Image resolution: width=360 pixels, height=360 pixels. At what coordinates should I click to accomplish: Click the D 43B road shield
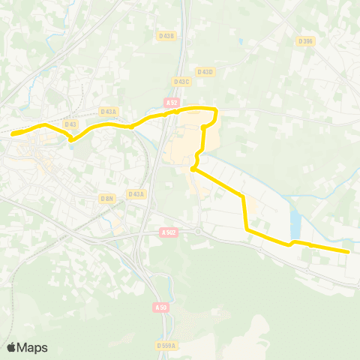click(x=166, y=35)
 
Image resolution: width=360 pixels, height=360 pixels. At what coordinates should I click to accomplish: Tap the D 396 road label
click(x=305, y=41)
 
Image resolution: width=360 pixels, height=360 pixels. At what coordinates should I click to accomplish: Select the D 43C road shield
click(x=181, y=81)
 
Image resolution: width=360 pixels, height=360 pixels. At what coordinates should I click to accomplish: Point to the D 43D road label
click(x=205, y=72)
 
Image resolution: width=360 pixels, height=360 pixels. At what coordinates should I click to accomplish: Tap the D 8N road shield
click(x=106, y=198)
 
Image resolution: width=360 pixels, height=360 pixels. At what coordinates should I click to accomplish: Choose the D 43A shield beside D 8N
click(x=136, y=194)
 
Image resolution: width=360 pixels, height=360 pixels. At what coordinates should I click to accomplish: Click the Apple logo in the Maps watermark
click(x=11, y=347)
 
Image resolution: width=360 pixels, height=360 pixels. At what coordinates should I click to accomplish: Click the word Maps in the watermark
click(x=33, y=347)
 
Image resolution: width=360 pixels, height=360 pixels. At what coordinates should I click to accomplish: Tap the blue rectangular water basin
click(x=295, y=223)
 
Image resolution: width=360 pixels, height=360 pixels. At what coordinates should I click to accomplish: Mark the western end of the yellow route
click(x=13, y=134)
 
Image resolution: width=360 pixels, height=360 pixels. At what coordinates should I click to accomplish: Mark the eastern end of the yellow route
click(x=348, y=252)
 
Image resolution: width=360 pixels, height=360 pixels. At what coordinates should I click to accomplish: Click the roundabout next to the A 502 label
click(x=198, y=231)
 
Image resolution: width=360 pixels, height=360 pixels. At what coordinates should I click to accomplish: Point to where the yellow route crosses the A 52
click(x=168, y=113)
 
